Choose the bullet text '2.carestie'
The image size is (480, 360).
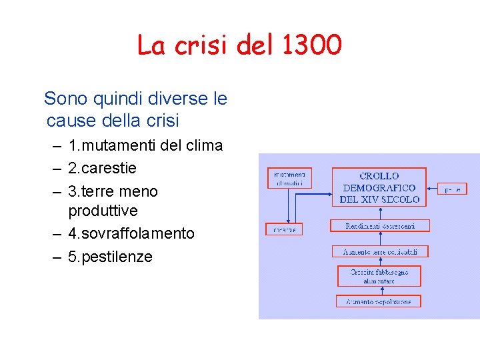pyautogui.click(x=102, y=168)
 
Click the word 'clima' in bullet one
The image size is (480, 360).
pyautogui.click(x=203, y=145)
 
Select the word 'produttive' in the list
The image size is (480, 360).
pyautogui.click(x=103, y=211)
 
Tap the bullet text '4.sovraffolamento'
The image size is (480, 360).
pyautogui.click(x=131, y=233)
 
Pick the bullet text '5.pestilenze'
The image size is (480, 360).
pyautogui.click(x=110, y=257)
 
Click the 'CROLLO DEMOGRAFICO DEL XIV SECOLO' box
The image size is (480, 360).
pyautogui.click(x=379, y=187)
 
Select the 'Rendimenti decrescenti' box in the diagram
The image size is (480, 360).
pyautogui.click(x=380, y=226)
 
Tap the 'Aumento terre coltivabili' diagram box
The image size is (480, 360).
pyautogui.click(x=380, y=251)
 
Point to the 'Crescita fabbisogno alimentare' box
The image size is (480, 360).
pyautogui.click(x=379, y=276)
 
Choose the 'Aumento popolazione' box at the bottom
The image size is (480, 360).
pyautogui.click(x=379, y=301)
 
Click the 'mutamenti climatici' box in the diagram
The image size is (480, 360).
pyautogui.click(x=289, y=178)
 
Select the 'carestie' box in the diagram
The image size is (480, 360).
pyautogui.click(x=284, y=229)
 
